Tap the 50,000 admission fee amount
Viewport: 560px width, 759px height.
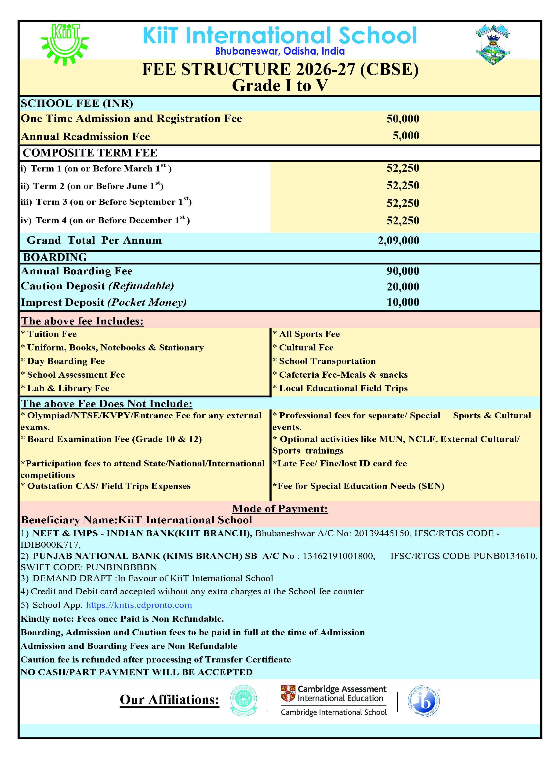[x=403, y=119]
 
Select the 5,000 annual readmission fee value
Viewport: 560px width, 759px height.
[x=406, y=136]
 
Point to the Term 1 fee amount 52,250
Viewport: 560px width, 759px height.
[x=403, y=168]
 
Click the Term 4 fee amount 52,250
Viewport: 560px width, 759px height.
[x=403, y=221]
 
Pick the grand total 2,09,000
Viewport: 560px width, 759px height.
[x=398, y=241]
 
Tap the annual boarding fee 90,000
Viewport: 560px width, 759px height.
[x=403, y=271]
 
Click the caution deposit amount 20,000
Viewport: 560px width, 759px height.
[x=403, y=287]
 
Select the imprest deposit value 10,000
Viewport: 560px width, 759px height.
[x=403, y=302]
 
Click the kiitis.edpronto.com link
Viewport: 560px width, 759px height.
[x=139, y=605]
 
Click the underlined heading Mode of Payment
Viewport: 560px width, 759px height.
[x=280, y=509]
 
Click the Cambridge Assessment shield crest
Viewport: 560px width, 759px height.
[x=288, y=693]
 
